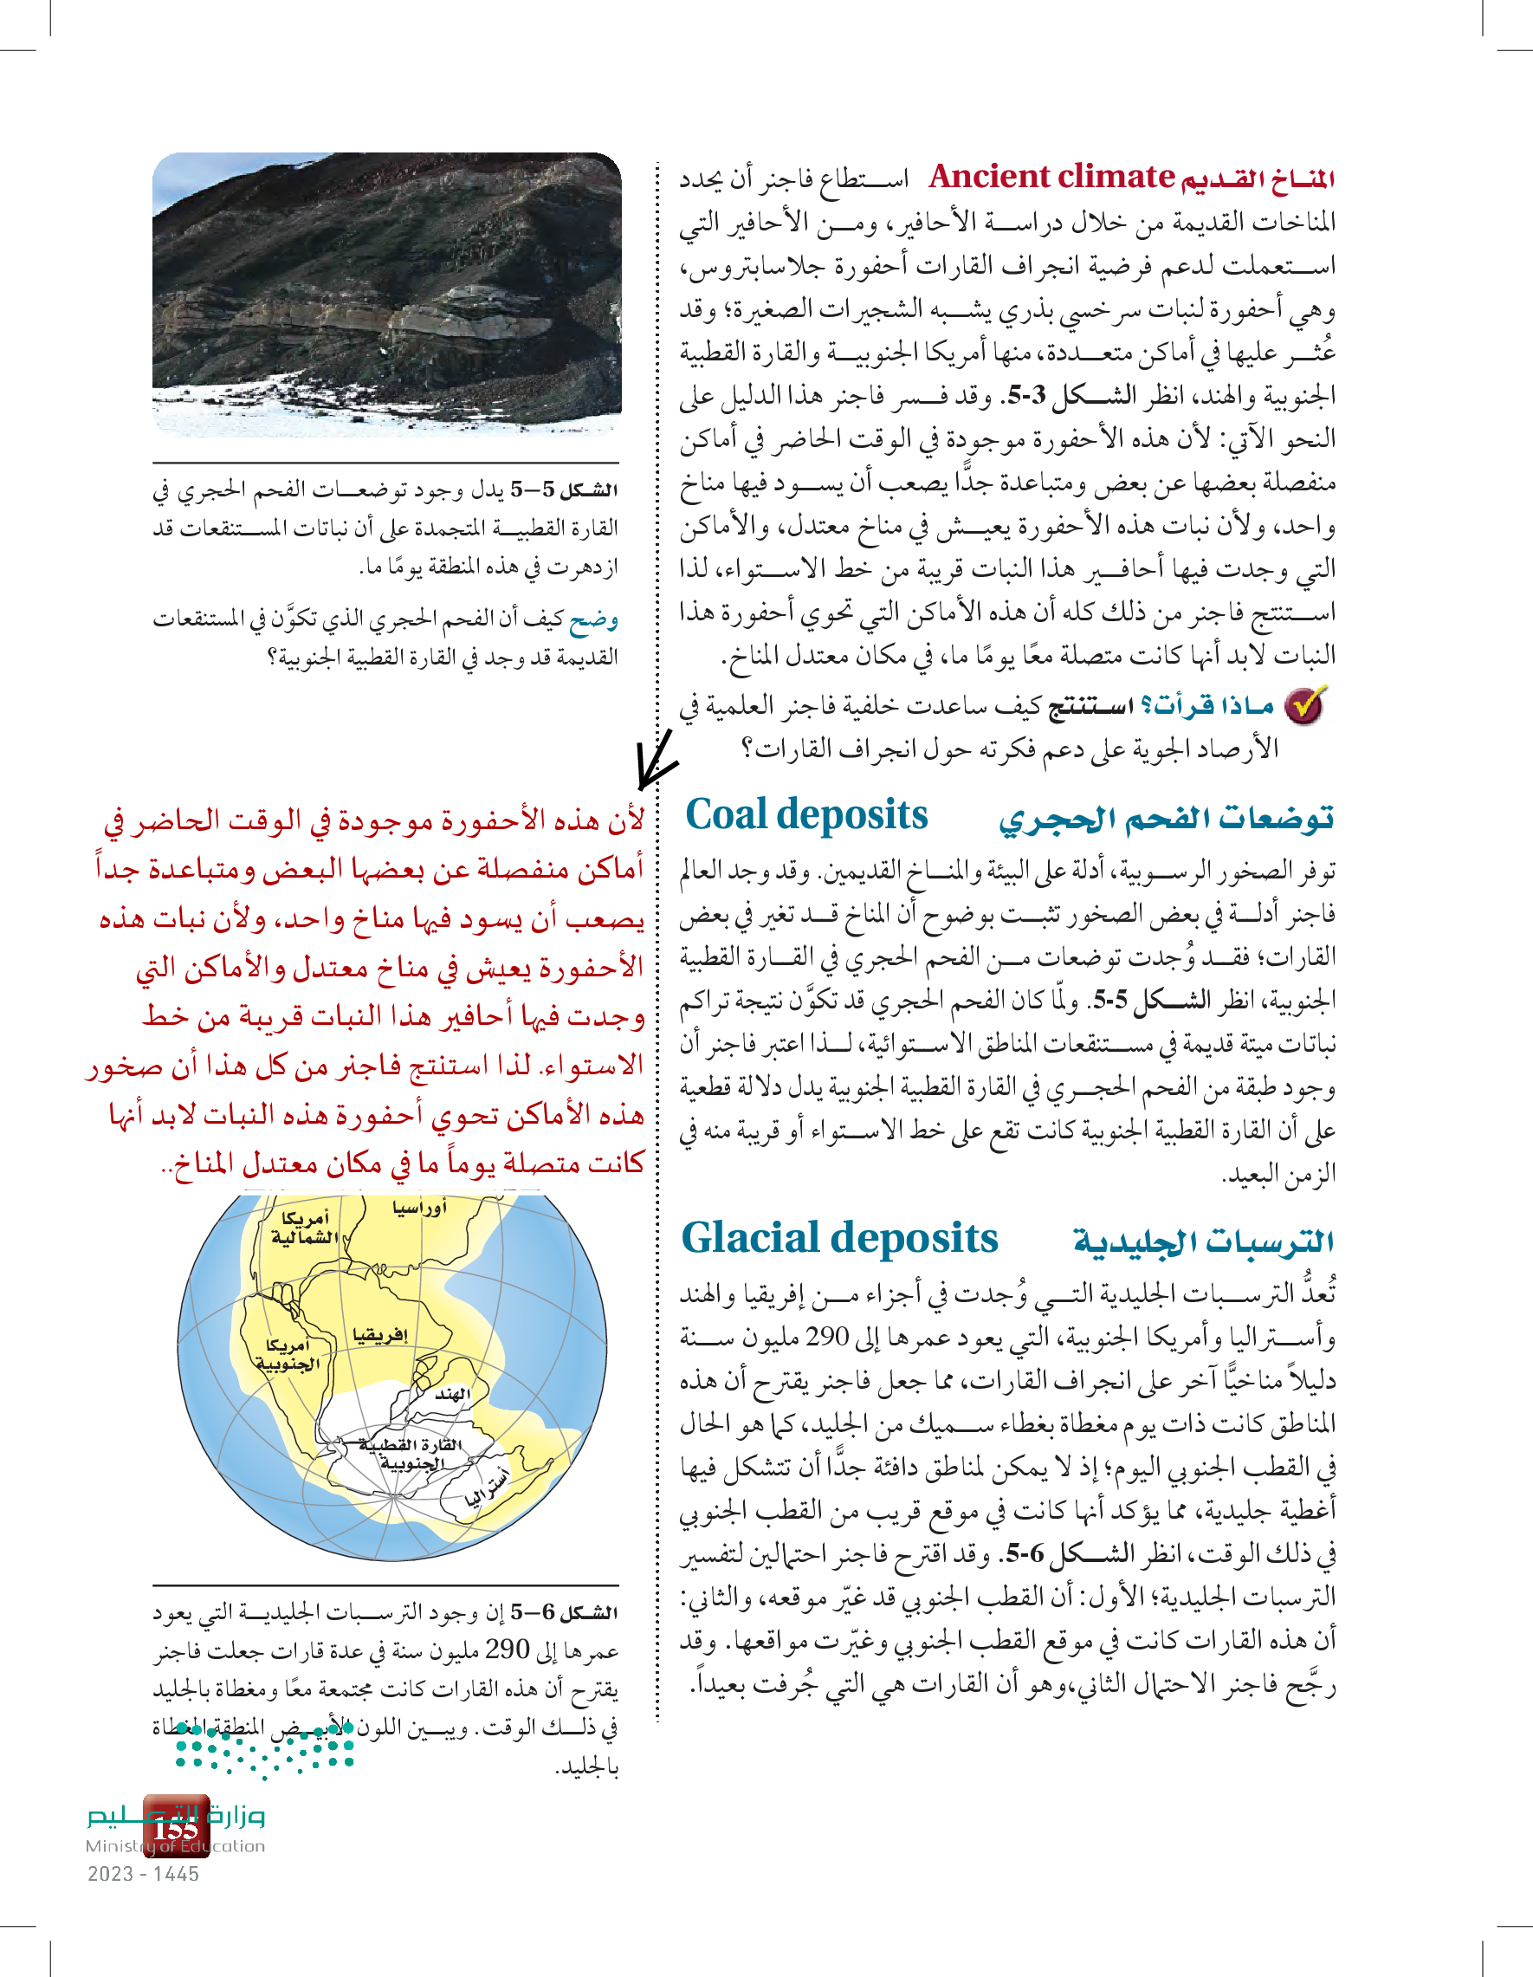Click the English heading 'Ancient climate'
click(1051, 177)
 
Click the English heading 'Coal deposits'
click(806, 815)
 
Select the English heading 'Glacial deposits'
click(839, 1238)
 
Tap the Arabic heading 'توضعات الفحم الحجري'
click(1166, 819)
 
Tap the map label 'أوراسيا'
click(419, 1208)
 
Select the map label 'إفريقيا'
click(380, 1334)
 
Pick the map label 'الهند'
click(451, 1394)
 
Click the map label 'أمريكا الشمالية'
click(304, 1228)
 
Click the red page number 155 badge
click(177, 1827)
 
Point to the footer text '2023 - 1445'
click(143, 1874)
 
